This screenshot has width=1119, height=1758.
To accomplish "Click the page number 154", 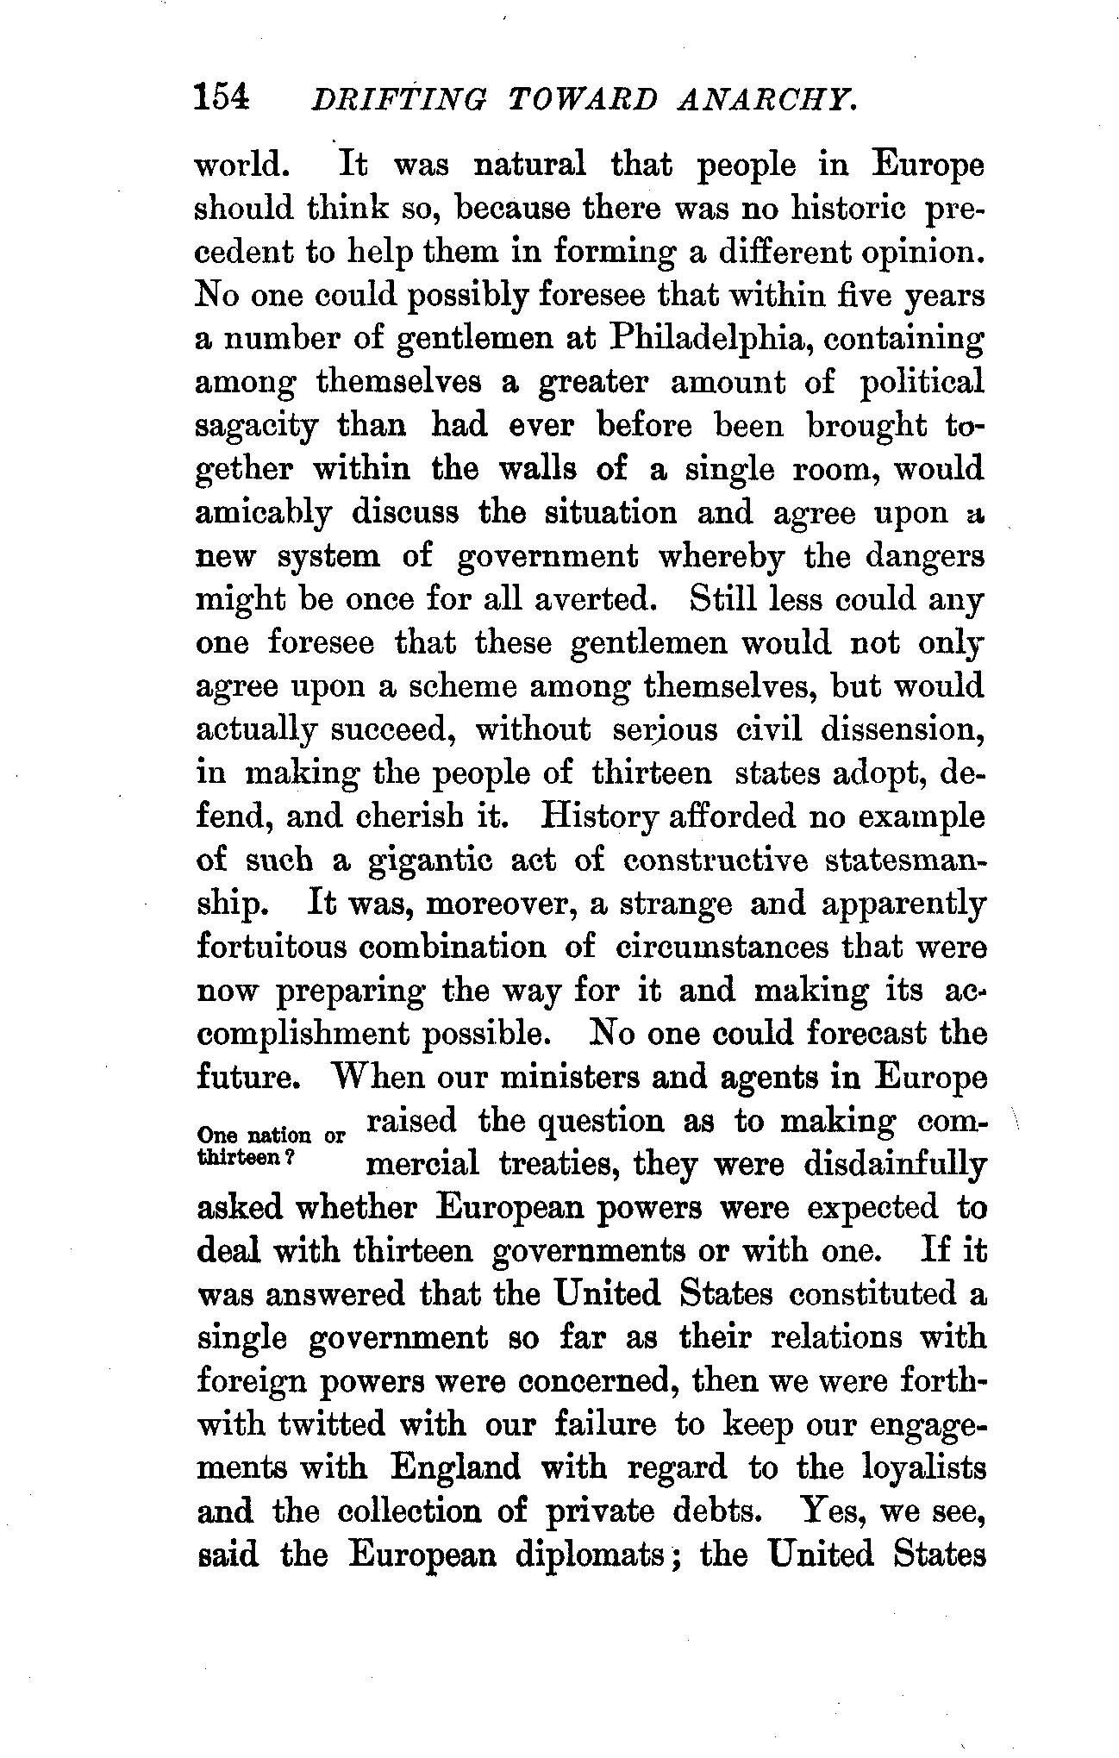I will point(222,97).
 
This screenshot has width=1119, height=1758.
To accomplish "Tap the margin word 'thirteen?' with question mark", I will point(247,1159).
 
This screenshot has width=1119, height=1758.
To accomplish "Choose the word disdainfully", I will point(894,1165).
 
